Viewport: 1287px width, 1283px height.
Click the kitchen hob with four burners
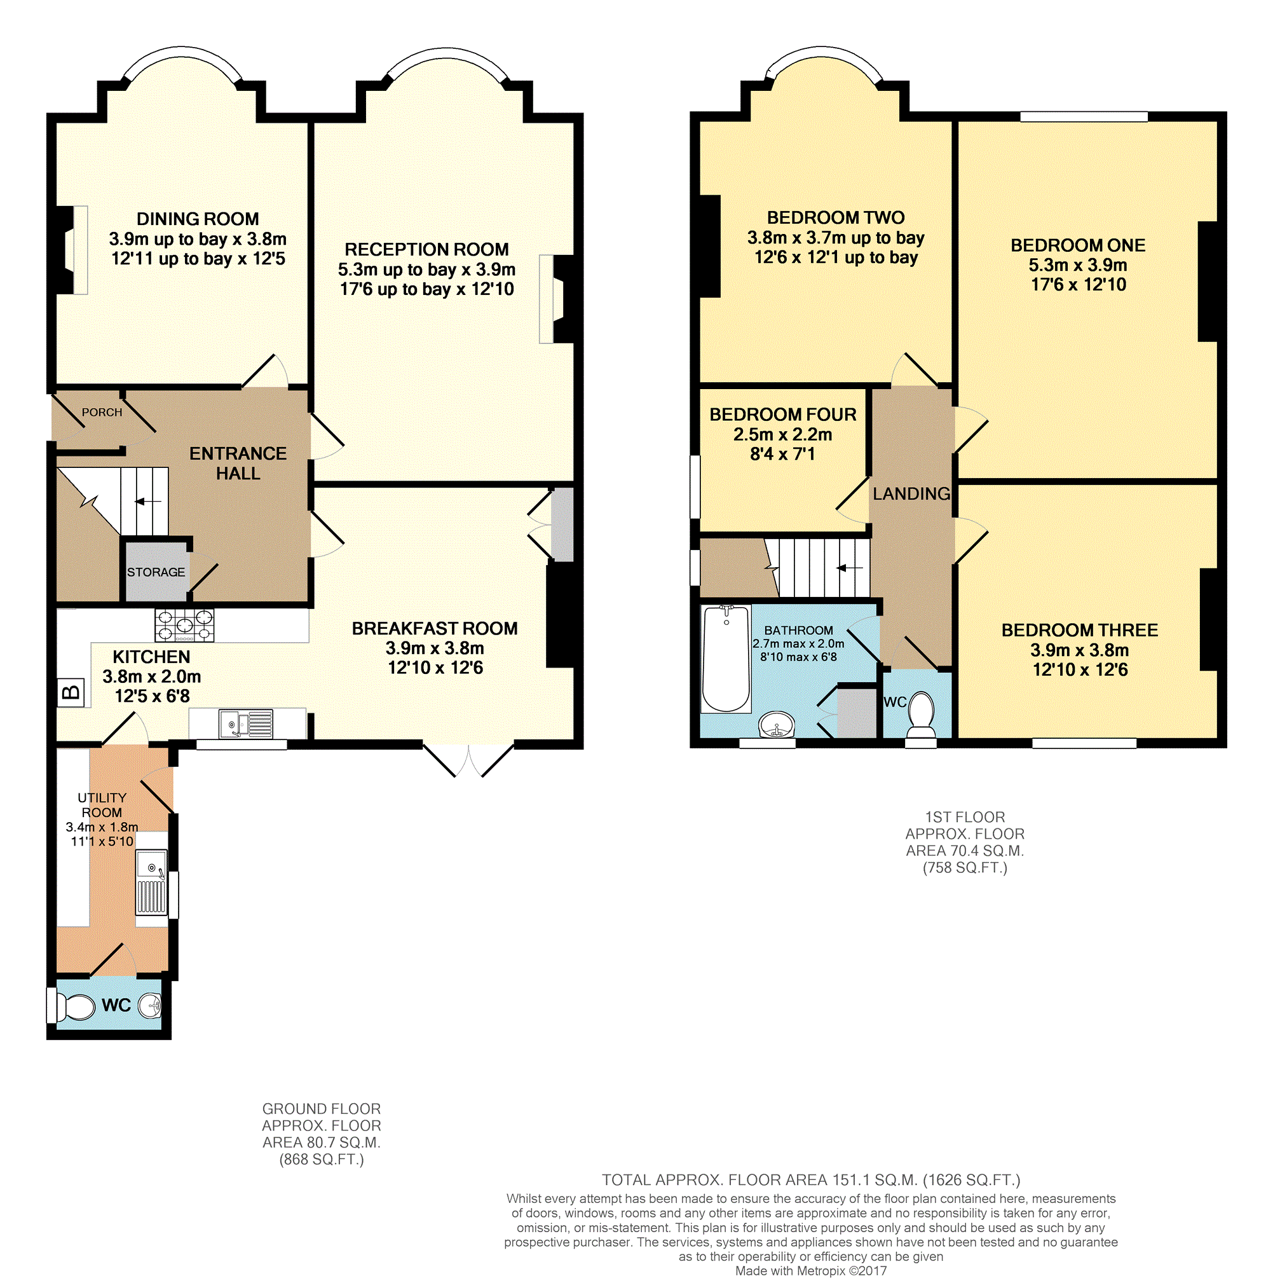tap(184, 625)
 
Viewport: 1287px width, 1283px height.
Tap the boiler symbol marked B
tap(70, 692)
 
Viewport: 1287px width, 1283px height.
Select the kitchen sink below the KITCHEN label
tap(246, 723)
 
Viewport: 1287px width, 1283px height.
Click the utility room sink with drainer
tap(151, 882)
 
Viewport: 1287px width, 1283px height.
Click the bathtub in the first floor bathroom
tap(726, 659)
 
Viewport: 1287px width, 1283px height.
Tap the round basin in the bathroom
tap(777, 725)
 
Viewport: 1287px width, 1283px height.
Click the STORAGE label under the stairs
tap(156, 572)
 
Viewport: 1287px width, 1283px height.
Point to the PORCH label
tap(102, 413)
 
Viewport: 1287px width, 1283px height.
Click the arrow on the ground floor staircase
tap(148, 501)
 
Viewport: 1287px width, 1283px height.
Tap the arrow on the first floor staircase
tap(849, 568)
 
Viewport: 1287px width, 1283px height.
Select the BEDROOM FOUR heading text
tap(783, 415)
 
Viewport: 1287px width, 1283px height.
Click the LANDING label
tap(911, 494)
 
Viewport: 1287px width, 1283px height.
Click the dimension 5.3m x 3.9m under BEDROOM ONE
tap(1077, 264)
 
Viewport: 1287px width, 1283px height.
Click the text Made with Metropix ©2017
tap(811, 1270)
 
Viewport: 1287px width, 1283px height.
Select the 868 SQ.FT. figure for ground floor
tap(321, 1159)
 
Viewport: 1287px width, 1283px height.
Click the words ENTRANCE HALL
tap(238, 463)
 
